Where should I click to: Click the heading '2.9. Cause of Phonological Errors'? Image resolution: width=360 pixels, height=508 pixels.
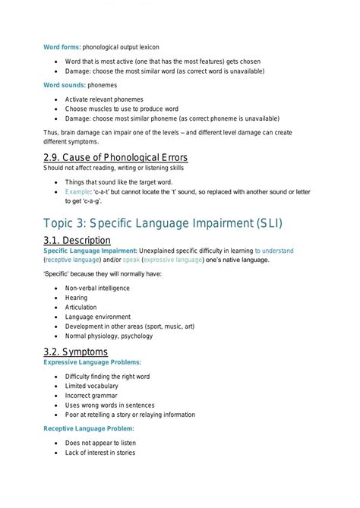(x=115, y=156)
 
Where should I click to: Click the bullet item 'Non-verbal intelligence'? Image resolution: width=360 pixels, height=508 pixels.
(x=97, y=289)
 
